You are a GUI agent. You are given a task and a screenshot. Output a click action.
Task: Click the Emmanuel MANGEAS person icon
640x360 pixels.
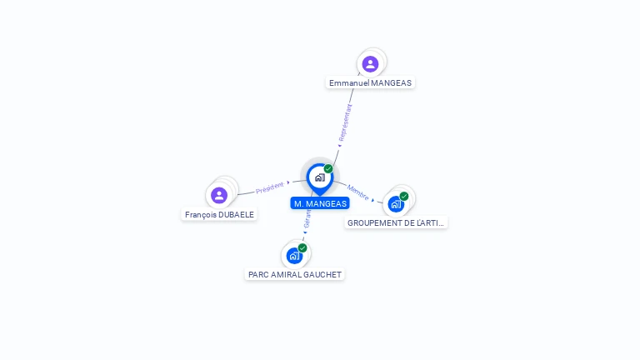(370, 63)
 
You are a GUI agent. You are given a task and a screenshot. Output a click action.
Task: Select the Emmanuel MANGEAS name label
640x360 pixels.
(371, 83)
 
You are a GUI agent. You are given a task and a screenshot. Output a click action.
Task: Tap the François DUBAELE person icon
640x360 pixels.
(219, 195)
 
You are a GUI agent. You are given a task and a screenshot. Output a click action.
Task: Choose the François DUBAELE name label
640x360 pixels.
(220, 215)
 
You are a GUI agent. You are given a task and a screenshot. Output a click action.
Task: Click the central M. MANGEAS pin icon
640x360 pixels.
(319, 177)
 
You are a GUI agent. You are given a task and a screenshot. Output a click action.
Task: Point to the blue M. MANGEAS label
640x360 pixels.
(320, 203)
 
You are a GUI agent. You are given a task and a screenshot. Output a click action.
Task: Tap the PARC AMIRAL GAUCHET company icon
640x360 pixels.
(294, 255)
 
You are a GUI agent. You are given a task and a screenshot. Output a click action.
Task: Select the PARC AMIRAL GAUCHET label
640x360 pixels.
(295, 274)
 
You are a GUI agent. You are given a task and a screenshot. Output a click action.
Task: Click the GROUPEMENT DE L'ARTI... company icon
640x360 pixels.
(396, 203)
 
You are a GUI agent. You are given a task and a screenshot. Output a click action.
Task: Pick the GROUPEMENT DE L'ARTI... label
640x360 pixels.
(397, 223)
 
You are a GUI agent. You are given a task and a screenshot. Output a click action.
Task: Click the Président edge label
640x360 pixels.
(270, 188)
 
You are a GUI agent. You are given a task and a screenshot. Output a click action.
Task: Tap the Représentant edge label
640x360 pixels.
(345, 122)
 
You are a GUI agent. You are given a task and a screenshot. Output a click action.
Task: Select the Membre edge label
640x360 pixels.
(358, 192)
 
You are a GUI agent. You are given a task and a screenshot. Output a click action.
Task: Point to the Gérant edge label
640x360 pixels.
(307, 221)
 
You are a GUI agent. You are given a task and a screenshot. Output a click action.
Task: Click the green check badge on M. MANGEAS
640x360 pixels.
(328, 169)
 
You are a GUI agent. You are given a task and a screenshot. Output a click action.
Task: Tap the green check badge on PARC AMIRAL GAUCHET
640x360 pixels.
(302, 247)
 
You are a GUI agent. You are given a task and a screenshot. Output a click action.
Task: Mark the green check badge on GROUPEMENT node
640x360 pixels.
(404, 197)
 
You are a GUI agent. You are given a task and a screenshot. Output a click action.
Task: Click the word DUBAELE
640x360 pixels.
(237, 215)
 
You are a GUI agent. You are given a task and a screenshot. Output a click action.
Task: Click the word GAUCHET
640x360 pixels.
(323, 274)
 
